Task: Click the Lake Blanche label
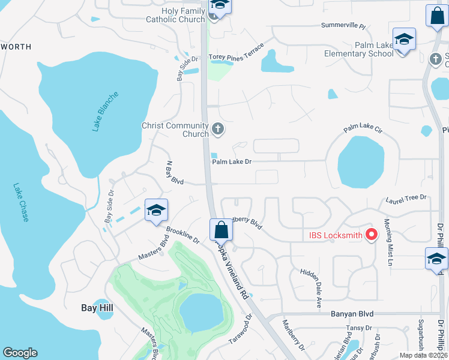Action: [106, 112]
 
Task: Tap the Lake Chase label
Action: [21, 202]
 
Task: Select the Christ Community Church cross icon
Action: [217, 128]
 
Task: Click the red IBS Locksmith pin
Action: [371, 235]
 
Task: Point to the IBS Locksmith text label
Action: [335, 235]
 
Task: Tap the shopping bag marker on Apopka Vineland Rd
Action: [221, 230]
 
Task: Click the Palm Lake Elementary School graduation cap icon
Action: [405, 40]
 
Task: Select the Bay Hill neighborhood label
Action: [97, 308]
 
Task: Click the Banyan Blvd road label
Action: [352, 314]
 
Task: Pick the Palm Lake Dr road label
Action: [231, 161]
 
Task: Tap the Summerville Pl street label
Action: [343, 26]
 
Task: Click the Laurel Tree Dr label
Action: [406, 197]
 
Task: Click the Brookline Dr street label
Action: [182, 236]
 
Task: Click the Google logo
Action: [20, 353]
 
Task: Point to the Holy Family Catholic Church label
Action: [175, 15]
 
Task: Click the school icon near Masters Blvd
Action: [156, 210]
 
